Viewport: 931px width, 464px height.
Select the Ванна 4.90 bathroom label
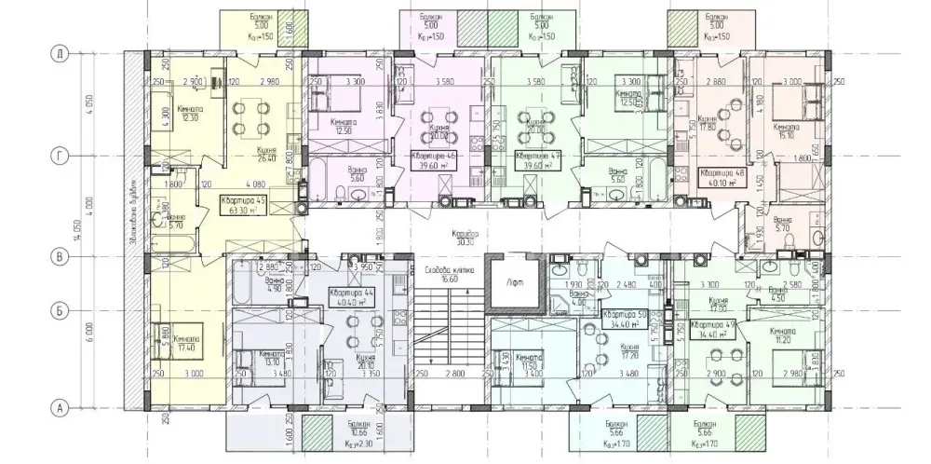[x=248, y=284]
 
